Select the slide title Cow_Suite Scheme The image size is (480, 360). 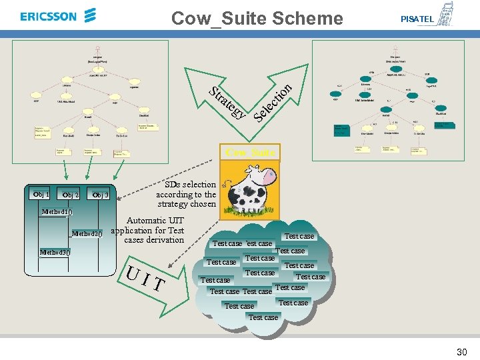click(257, 18)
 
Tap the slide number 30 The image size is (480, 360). click(461, 351)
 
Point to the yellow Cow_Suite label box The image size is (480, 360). click(250, 153)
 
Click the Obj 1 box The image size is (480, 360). click(41, 194)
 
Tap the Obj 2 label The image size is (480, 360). click(71, 195)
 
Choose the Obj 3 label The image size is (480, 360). click(100, 195)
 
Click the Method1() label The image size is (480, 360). click(56, 212)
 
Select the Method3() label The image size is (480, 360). click(55, 253)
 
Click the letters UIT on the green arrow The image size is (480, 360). click(145, 279)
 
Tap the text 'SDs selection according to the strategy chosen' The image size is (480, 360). click(187, 194)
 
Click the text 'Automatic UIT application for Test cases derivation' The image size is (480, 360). click(148, 230)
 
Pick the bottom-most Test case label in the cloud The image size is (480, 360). click(263, 317)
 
